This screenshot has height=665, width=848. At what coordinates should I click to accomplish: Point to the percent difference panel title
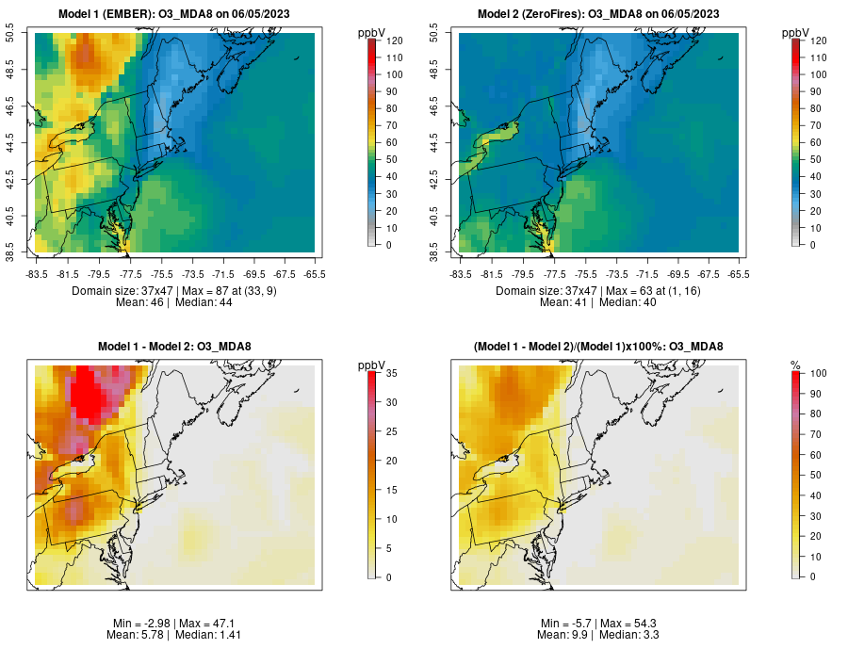[598, 347]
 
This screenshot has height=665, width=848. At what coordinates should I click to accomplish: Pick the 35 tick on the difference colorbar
[390, 374]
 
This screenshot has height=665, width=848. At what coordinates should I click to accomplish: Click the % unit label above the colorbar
[795, 365]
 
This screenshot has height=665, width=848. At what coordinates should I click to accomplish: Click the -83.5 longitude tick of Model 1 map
[38, 274]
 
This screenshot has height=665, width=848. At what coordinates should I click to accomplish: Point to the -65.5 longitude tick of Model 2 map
[739, 274]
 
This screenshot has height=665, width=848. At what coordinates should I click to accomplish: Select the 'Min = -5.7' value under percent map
[566, 624]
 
